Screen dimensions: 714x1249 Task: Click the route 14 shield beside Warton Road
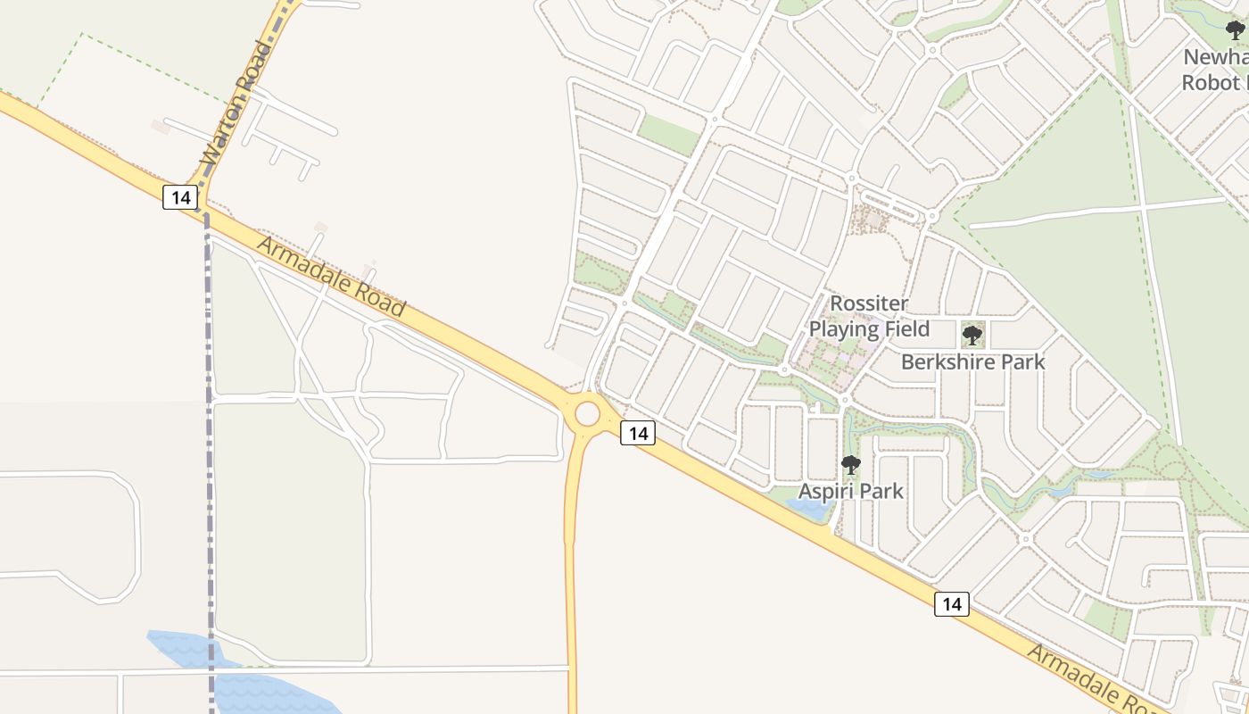[x=180, y=197]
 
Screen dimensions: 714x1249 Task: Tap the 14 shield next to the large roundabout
[x=637, y=434]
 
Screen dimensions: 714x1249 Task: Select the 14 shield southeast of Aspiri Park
[x=952, y=604]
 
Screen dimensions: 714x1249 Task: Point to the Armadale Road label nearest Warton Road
[x=331, y=277]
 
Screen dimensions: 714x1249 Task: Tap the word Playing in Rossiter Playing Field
[x=843, y=329]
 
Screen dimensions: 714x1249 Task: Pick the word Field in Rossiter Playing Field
[x=906, y=329]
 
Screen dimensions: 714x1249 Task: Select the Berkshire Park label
[x=972, y=362]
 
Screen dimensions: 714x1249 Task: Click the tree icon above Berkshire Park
[x=972, y=336]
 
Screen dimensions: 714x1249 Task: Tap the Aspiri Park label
[x=850, y=491]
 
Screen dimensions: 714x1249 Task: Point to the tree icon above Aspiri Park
[x=850, y=465]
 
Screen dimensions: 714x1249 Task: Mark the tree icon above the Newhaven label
[x=1236, y=30]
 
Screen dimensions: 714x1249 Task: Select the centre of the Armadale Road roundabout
[x=587, y=414]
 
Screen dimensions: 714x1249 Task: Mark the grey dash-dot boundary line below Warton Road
[x=208, y=446]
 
